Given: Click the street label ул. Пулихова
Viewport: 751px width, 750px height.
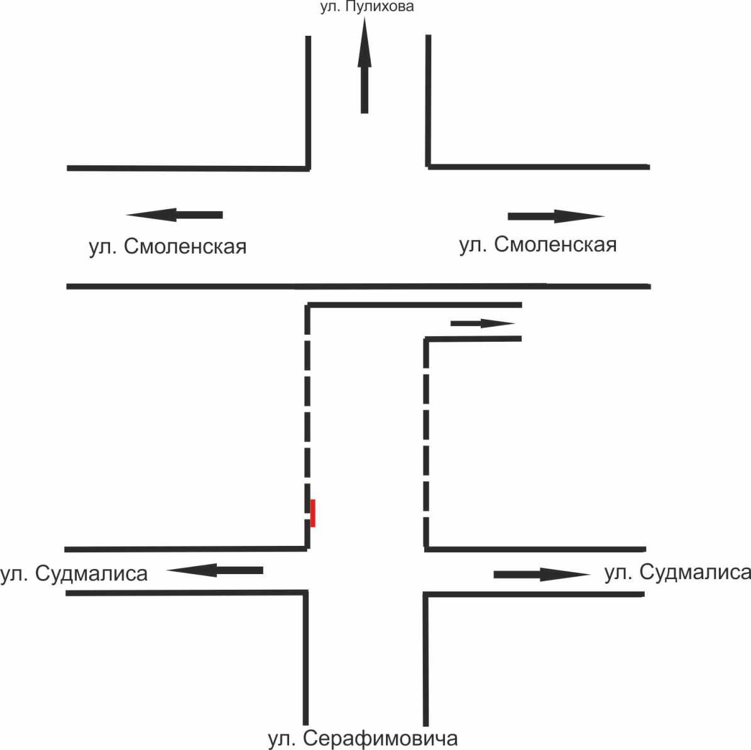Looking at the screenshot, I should (x=367, y=8).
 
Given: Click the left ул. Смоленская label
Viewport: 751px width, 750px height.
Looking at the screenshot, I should (x=167, y=246).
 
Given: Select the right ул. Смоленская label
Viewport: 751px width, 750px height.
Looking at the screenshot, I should (x=538, y=244).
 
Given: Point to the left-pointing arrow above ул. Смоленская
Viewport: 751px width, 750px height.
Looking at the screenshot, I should (x=175, y=215).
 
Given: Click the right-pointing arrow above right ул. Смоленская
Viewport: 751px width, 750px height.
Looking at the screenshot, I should (x=556, y=217).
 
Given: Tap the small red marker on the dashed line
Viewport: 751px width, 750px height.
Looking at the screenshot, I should (x=313, y=513).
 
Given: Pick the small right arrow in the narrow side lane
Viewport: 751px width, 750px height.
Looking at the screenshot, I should (x=483, y=323).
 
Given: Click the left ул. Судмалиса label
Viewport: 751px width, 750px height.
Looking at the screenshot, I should (x=74, y=573).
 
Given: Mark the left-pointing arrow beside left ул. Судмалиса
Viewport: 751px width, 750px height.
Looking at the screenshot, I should (x=215, y=570).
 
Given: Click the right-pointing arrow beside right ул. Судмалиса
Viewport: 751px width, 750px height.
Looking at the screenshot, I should (x=542, y=574).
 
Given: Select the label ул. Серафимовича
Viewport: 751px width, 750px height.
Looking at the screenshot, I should (x=363, y=738).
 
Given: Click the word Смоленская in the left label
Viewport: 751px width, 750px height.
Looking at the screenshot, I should (x=185, y=246).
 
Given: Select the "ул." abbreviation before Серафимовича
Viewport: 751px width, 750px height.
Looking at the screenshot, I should (x=282, y=738).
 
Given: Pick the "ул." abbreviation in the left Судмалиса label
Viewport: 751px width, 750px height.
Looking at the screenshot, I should (x=14, y=573).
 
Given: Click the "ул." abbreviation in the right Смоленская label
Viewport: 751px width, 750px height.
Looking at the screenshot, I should (x=473, y=244).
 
